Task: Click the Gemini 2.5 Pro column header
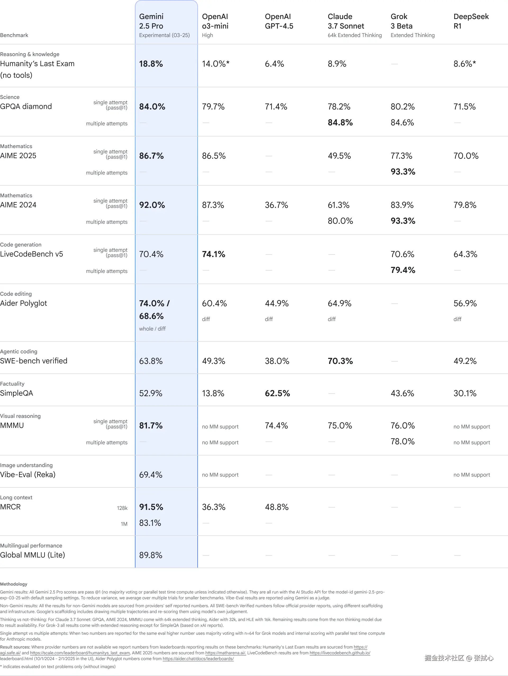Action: tap(151, 21)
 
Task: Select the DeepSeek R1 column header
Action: tap(471, 21)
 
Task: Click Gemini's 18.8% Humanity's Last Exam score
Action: tap(151, 64)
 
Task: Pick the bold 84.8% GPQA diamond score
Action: tap(340, 122)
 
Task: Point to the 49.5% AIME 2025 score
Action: tap(339, 156)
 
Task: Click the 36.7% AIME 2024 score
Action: tap(276, 205)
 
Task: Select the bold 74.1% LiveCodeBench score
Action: tap(213, 254)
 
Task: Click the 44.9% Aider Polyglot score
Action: tap(276, 303)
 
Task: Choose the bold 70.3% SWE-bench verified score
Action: tap(340, 361)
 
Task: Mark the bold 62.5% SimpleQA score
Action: tap(277, 393)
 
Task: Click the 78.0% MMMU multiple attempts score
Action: tap(402, 442)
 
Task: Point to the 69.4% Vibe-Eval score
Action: tap(151, 475)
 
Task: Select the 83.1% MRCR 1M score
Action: tap(150, 523)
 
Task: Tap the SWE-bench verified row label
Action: tap(34, 361)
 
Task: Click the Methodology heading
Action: tap(14, 584)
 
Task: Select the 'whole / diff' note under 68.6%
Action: tap(152, 329)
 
